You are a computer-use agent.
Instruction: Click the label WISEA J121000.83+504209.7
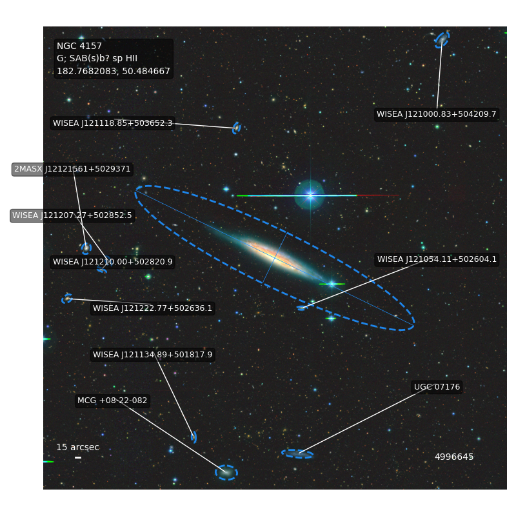[x=437, y=114]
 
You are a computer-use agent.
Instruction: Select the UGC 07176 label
[x=437, y=386]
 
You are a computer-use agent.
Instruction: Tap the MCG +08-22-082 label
[x=112, y=401]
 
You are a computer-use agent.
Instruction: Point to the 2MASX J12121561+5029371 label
[x=72, y=169]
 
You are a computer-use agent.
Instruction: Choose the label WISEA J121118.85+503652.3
[x=112, y=123]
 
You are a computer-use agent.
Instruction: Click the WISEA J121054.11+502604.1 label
[x=437, y=259]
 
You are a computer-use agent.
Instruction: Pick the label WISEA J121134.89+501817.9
[x=152, y=355]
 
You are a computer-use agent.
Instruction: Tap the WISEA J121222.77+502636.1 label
[x=152, y=308]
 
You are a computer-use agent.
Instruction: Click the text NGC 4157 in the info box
[x=79, y=46]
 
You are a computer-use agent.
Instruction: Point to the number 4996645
[x=454, y=457]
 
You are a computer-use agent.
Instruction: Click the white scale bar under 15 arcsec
[x=78, y=457]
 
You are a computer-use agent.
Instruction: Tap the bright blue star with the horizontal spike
[x=310, y=195]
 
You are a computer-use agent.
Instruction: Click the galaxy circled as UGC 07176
[x=297, y=454]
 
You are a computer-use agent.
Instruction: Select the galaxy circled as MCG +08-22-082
[x=226, y=473]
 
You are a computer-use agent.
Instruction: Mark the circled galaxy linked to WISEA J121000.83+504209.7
[x=442, y=39]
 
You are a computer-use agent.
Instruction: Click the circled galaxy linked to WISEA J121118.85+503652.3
[x=237, y=128]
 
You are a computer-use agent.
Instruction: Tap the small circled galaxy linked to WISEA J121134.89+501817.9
[x=194, y=437]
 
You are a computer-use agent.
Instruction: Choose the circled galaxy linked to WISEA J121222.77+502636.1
[x=67, y=299]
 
